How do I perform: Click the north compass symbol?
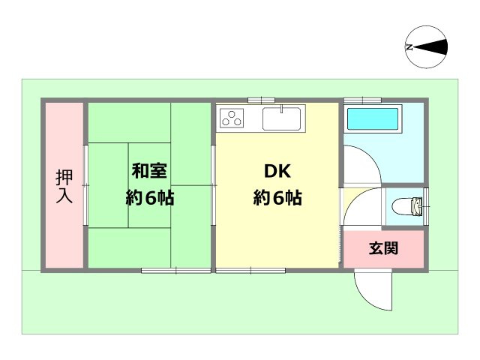tap(426, 46)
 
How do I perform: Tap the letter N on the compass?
tap(409, 46)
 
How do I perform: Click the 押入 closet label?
tap(64, 187)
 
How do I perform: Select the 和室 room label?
tap(149, 171)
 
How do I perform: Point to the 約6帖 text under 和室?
tap(149, 199)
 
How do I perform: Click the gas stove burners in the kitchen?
tap(232, 118)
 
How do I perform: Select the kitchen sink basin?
tap(281, 118)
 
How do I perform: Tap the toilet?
tap(408, 204)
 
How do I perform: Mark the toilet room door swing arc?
tap(360, 206)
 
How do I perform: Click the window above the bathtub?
tap(363, 100)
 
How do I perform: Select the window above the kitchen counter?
tap(261, 100)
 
